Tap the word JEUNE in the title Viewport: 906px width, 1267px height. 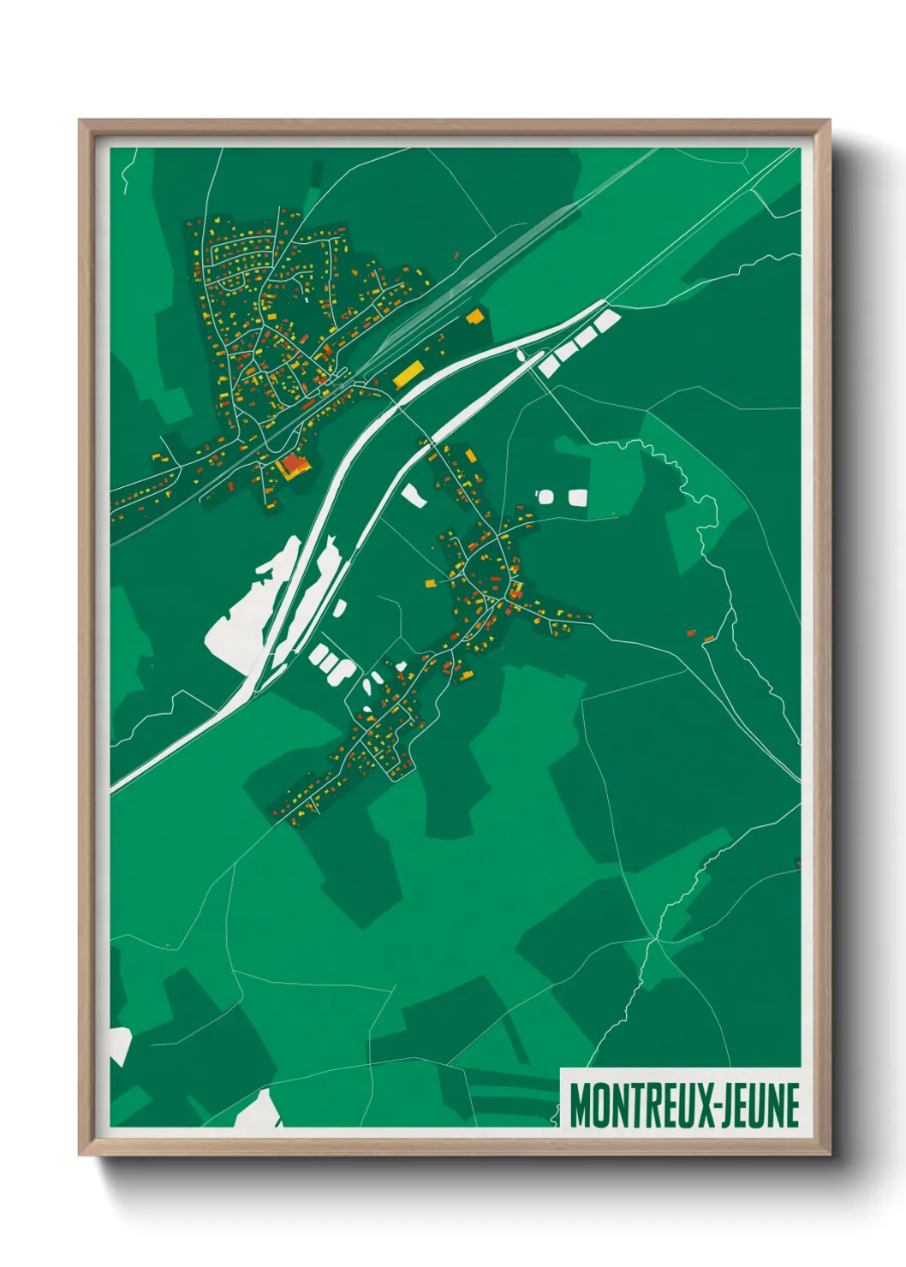click(x=759, y=1105)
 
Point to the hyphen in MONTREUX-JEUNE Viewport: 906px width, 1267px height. click(x=713, y=1107)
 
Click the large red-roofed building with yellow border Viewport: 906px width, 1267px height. click(x=294, y=464)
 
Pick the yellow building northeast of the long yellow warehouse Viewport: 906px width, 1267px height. click(x=474, y=317)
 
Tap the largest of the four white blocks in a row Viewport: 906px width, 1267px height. click(x=606, y=322)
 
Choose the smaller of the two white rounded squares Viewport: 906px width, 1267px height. click(x=545, y=497)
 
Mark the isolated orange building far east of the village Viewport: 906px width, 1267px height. click(x=709, y=639)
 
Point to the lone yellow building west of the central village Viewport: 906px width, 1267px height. click(x=430, y=584)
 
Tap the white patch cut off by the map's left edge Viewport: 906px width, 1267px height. click(x=119, y=1044)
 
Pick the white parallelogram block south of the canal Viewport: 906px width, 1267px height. click(x=414, y=495)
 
